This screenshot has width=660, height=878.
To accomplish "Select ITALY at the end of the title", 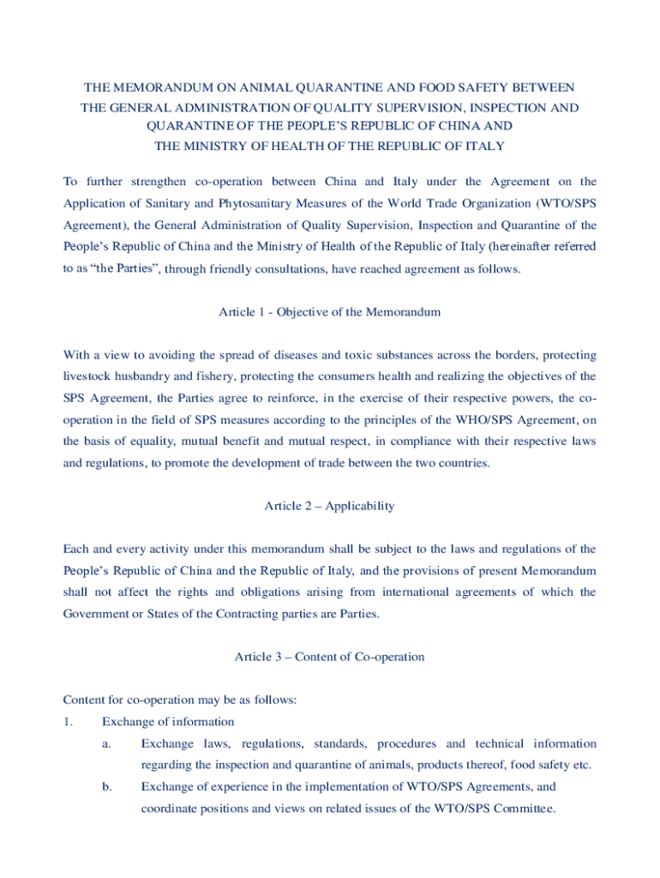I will click(486, 146).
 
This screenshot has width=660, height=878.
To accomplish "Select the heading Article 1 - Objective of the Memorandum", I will click(330, 312).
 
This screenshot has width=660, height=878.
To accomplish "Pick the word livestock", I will click(91, 376).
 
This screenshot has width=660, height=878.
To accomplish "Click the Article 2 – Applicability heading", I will click(330, 506).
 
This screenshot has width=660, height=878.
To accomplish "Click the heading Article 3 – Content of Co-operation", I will click(330, 657).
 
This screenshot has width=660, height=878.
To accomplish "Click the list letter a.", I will click(106, 743).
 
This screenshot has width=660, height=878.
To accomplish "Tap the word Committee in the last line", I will click(525, 809).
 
